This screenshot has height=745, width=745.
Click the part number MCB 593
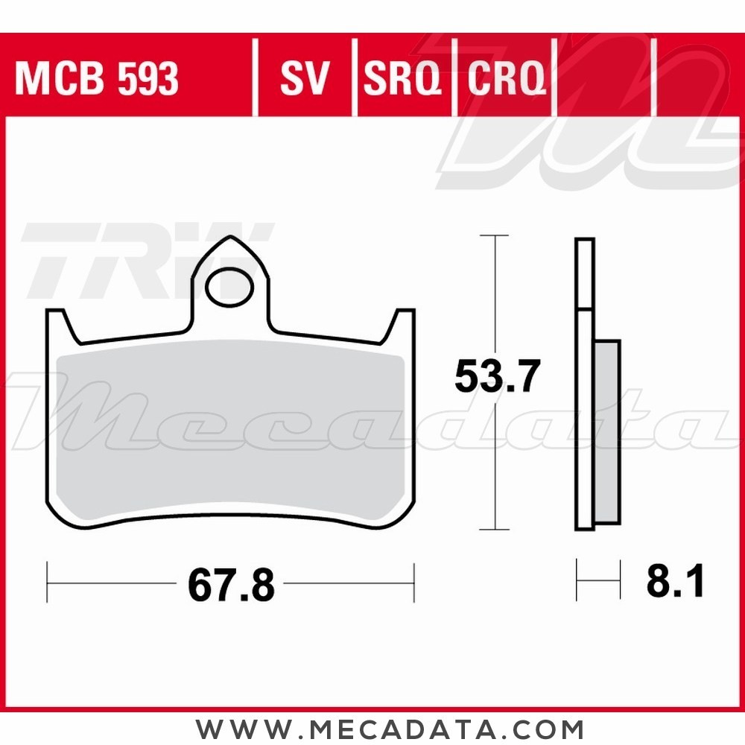[97, 78]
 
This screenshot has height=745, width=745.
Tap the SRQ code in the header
[402, 78]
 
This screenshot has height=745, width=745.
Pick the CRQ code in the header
[507, 78]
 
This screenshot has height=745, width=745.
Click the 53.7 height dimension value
[496, 377]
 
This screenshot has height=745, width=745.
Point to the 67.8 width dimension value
[231, 586]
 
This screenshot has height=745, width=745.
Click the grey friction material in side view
[607, 432]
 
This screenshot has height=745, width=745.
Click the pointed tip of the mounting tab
[231, 239]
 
